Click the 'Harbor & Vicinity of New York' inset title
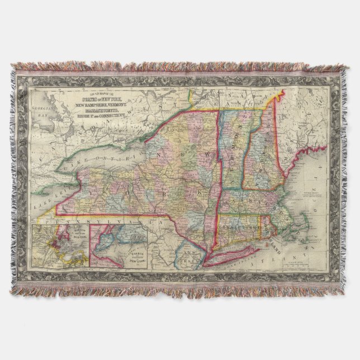pos(126,254)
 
